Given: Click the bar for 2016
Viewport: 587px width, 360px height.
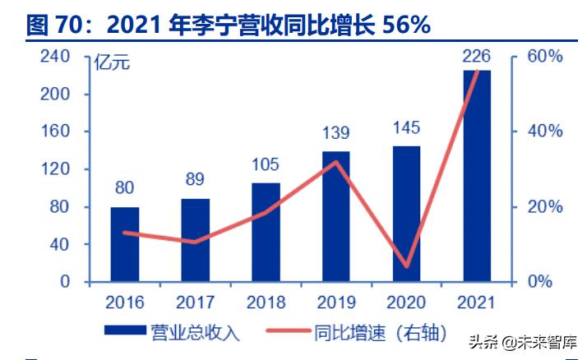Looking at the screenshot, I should pos(125,244).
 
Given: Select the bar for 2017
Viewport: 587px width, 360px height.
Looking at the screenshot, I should pos(195,240).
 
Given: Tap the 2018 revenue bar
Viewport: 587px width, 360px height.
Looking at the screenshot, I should pos(266,232).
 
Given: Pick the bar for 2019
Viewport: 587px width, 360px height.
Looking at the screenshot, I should pos(335,216).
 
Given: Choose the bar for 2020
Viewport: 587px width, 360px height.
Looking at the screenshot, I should pos(406,214).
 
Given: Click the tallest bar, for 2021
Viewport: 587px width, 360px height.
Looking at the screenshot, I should pos(477,176).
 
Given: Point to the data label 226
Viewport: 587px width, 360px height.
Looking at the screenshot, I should pos(477,57).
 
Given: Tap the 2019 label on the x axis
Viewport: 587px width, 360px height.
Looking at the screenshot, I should pos(335,302).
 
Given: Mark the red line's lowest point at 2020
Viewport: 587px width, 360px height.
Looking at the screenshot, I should pos(406,266).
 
